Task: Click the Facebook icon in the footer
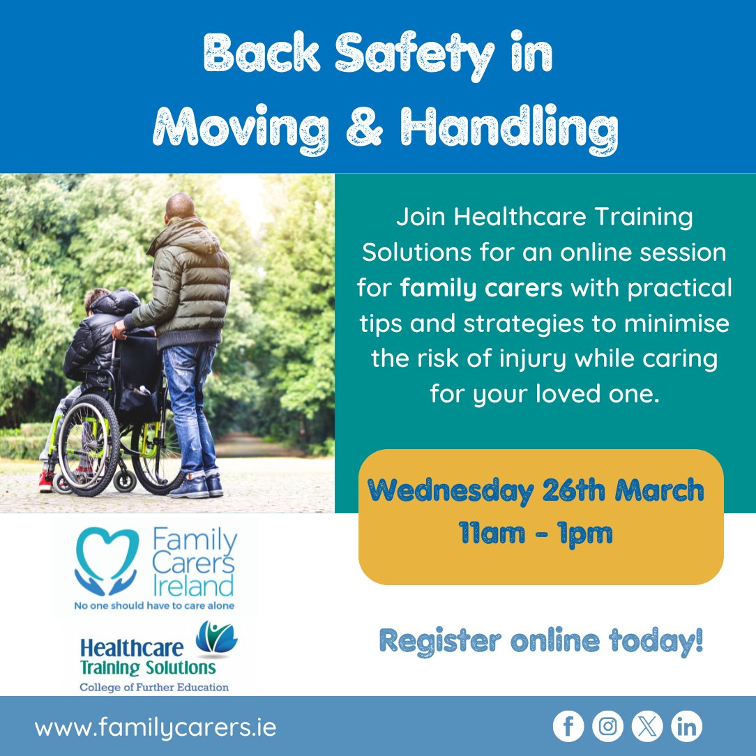coord(568,727)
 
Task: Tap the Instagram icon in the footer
coord(607,727)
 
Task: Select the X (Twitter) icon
coord(647,727)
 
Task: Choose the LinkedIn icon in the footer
coord(686,727)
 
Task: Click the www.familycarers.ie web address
coord(156,727)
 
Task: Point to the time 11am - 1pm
coord(536,534)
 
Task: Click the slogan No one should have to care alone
coord(154,606)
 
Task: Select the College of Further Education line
coord(154,687)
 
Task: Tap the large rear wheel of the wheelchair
coord(89,446)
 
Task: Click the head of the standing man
coord(180,206)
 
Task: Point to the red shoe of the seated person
coord(46,480)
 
